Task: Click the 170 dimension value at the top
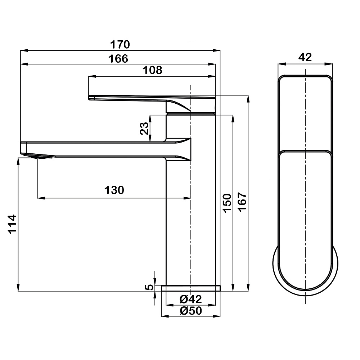point(120,44)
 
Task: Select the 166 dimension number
point(118,59)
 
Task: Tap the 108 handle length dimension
point(152,70)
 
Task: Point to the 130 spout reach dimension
point(114,190)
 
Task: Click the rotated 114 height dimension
point(12,224)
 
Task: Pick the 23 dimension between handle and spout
point(144,129)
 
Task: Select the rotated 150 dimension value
point(227,203)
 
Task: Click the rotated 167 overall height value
point(242,202)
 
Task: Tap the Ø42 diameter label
point(190,299)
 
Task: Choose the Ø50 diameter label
point(190,311)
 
